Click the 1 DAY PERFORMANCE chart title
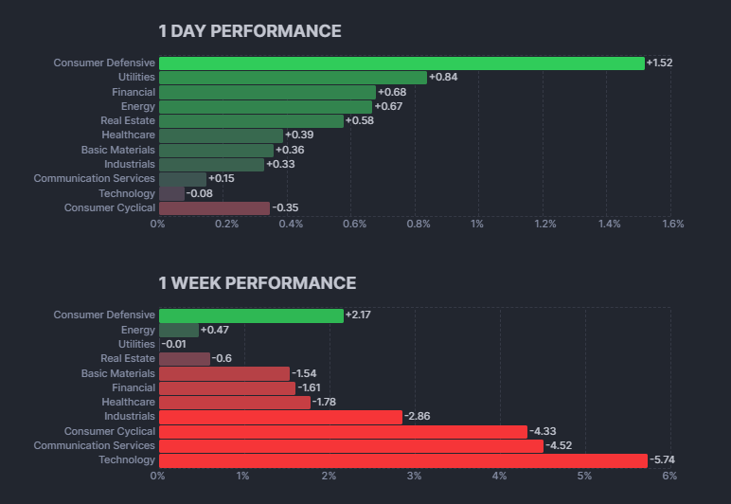249,31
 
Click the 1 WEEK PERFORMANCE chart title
257,283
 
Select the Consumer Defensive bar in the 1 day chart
401,63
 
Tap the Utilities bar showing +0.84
293,78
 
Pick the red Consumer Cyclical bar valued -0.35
214,207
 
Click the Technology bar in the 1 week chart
402,460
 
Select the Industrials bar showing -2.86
280,417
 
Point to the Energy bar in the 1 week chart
179,330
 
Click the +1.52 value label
659,63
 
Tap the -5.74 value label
663,460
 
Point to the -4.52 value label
560,446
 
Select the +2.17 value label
359,315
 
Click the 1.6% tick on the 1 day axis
672,225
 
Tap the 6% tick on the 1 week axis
669,477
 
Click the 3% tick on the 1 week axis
414,477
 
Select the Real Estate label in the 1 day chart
128,121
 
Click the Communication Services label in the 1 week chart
95,446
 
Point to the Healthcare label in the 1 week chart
128,403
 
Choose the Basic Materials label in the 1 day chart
117,150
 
